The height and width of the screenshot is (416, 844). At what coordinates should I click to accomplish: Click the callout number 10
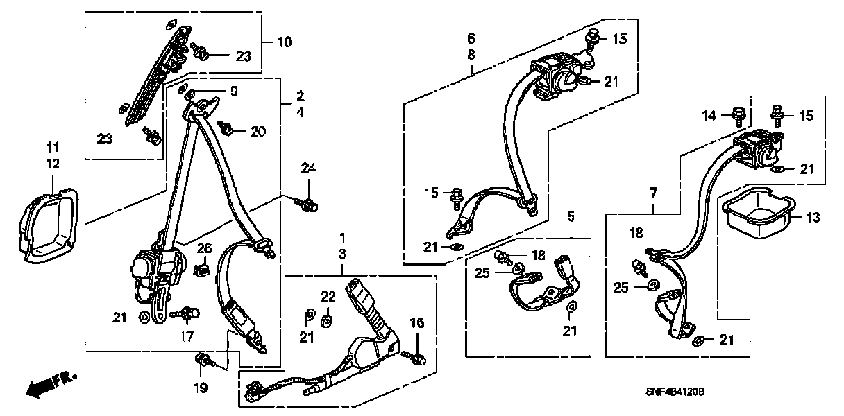tap(285, 42)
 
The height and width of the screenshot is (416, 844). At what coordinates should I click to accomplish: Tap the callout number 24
tap(308, 167)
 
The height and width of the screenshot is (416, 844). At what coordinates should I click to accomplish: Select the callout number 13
tap(813, 217)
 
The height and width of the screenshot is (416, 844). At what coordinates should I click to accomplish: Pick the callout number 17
tap(186, 337)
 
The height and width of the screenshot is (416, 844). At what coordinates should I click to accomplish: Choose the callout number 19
tap(201, 388)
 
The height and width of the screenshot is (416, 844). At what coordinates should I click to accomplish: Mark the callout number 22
tap(328, 296)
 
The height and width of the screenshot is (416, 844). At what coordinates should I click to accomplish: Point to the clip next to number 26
tap(203, 268)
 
